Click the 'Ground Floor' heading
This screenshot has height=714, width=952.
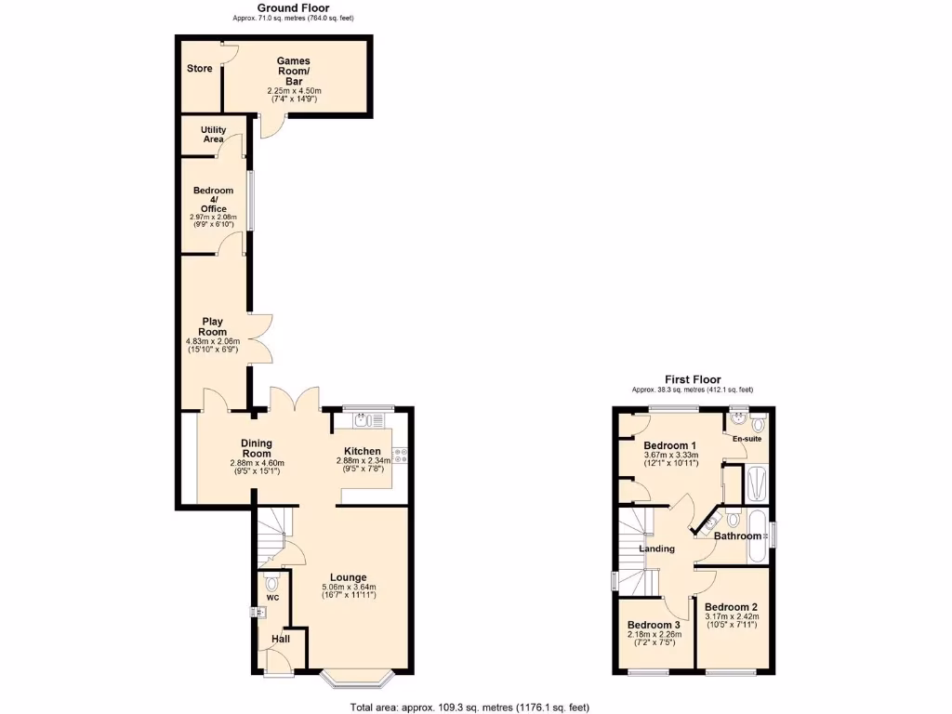pyautogui.click(x=293, y=8)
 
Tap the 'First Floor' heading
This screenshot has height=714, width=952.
pyautogui.click(x=692, y=379)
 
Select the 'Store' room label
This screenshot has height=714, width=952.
pyautogui.click(x=199, y=69)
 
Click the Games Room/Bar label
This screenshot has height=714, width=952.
pyautogui.click(x=294, y=72)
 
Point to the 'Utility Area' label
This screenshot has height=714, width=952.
pyautogui.click(x=213, y=135)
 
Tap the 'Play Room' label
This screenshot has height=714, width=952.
pyautogui.click(x=213, y=326)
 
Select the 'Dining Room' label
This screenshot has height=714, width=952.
pyautogui.click(x=256, y=448)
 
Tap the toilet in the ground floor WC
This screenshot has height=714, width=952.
pyautogui.click(x=271, y=585)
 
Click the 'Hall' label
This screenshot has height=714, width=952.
pyautogui.click(x=280, y=639)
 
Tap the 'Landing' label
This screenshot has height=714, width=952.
pyautogui.click(x=656, y=549)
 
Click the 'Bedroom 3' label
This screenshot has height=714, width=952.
pyautogui.click(x=654, y=625)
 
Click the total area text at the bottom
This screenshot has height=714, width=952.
pyautogui.click(x=469, y=707)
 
